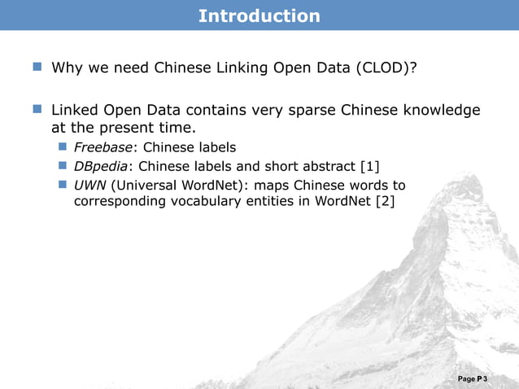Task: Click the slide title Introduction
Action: [x=259, y=15]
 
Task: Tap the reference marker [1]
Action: [x=369, y=167]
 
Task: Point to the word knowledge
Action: [x=439, y=110]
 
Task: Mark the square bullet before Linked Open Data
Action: [x=38, y=108]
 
